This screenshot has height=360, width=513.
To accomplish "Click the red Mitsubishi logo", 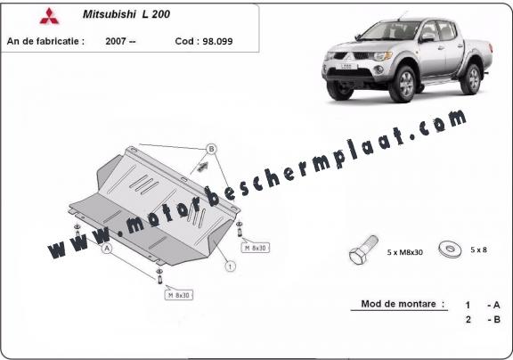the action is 49,16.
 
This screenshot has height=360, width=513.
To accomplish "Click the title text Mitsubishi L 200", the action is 126,14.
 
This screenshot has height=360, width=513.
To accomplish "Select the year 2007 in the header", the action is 116,41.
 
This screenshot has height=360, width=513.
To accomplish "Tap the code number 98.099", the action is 217,41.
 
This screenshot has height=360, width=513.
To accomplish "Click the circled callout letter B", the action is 211,149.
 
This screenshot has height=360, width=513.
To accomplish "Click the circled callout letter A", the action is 107,249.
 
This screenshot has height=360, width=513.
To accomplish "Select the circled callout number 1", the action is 231,266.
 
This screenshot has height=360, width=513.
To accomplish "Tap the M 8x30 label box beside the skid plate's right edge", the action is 256,248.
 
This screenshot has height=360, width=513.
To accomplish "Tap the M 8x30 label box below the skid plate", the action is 179,295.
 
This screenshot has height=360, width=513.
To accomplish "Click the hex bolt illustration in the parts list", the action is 363,250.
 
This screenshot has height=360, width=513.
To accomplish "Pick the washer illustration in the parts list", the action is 450,250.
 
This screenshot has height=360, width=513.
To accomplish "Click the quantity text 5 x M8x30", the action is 404,252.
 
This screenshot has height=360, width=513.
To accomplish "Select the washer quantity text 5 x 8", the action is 478,250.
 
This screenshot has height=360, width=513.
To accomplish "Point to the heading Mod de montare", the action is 398,304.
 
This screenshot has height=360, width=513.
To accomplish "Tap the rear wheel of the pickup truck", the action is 471,79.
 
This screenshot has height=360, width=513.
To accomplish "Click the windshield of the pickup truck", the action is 390,30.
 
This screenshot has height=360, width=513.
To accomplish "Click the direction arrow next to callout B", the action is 201,167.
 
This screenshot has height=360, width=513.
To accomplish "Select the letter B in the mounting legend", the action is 497,319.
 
